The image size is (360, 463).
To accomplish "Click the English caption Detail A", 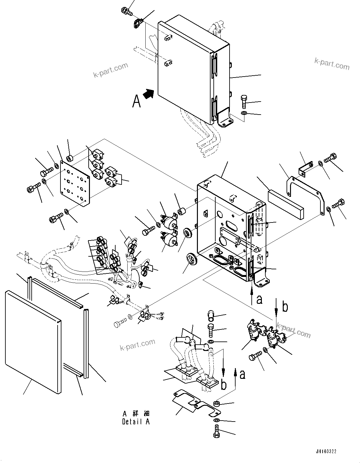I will (136, 422).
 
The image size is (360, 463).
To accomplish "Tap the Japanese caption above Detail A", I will (136, 414).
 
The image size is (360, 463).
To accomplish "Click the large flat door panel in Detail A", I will (33, 342).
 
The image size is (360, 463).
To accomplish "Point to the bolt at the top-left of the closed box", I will (126, 11).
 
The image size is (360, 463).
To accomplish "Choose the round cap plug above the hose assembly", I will (212, 316).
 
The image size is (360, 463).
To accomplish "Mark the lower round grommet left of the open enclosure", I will (191, 258).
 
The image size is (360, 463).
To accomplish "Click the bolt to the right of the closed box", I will (245, 101).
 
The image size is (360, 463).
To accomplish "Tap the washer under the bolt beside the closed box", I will (244, 113).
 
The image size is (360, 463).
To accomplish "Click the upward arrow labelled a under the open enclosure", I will (252, 293).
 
